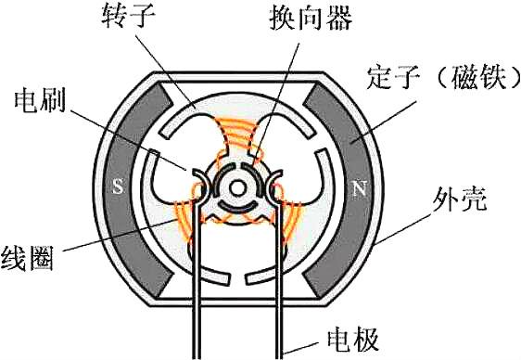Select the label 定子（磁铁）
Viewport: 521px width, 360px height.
click(443, 78)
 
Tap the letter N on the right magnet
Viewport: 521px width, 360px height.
click(359, 188)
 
